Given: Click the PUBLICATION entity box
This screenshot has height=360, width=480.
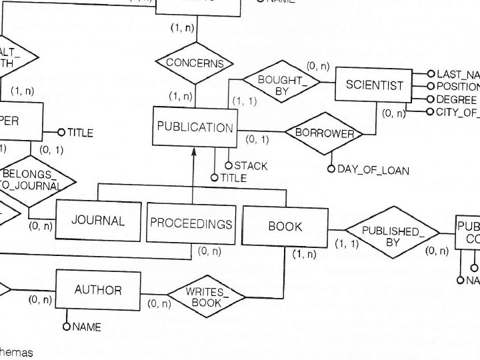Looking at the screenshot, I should [x=195, y=127].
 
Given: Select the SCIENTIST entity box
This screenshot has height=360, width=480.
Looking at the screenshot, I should [x=375, y=85].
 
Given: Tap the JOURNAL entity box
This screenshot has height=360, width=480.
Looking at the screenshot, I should [x=98, y=221].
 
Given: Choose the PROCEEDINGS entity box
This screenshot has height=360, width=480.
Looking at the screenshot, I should [x=191, y=223].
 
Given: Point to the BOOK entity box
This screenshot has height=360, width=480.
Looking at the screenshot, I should [x=285, y=226].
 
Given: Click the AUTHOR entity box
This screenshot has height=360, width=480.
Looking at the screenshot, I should [x=98, y=290].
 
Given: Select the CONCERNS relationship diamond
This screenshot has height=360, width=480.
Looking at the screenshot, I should [x=194, y=63].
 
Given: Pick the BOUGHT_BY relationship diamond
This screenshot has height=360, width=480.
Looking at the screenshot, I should [x=281, y=85].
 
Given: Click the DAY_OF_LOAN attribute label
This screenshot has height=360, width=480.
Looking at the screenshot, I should [x=373, y=170].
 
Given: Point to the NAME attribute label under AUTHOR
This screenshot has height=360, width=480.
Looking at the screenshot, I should [x=86, y=327].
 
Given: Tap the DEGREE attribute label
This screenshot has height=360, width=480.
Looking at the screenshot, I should [x=457, y=99].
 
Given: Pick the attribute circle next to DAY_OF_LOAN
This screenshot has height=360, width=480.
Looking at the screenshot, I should [x=331, y=169].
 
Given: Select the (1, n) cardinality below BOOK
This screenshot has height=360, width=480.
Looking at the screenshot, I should [x=303, y=254].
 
